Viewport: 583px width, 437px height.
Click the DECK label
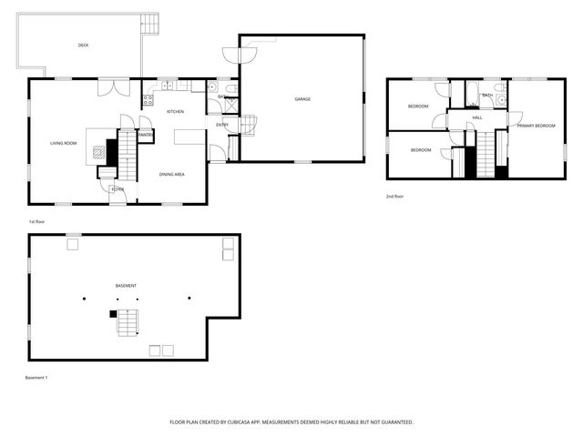point(83,45)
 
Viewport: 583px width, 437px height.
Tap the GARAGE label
point(302,98)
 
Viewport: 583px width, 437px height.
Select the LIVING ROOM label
point(63,143)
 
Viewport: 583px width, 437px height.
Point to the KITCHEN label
point(175,112)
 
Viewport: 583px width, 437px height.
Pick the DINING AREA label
point(172,174)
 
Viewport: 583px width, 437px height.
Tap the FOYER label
point(118,189)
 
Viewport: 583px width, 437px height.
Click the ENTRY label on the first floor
point(222,125)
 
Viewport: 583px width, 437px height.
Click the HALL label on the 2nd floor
point(477,117)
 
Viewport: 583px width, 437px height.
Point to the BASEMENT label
point(126,286)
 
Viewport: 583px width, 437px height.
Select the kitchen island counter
point(189,136)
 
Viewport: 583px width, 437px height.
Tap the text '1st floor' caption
point(37,221)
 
